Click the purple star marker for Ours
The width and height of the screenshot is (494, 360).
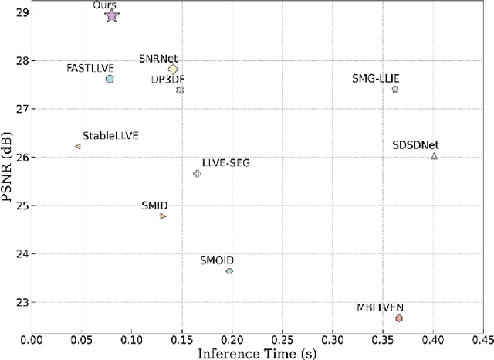coord(112,15)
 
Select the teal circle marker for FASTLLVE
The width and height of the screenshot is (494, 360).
coord(110,79)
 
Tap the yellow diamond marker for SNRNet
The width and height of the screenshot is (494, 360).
coord(173,70)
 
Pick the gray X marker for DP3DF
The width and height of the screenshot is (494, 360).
coord(180,90)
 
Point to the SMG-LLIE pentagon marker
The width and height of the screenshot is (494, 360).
coord(395,89)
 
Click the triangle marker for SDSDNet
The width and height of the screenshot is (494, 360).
coord(435,156)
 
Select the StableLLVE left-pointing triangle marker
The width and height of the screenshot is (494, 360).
coord(77,146)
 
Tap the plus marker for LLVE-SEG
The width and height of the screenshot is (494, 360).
coord(197,173)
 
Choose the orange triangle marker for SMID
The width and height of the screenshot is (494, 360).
coord(163,216)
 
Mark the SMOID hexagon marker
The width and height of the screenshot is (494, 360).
coord(229,271)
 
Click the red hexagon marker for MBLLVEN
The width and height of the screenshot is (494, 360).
coord(399,318)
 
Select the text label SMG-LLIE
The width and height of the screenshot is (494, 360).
coord(376,78)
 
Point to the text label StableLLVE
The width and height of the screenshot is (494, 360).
coord(110,135)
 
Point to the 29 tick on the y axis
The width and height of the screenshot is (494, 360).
coord(21,12)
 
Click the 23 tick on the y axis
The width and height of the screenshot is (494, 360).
coord(21,303)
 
